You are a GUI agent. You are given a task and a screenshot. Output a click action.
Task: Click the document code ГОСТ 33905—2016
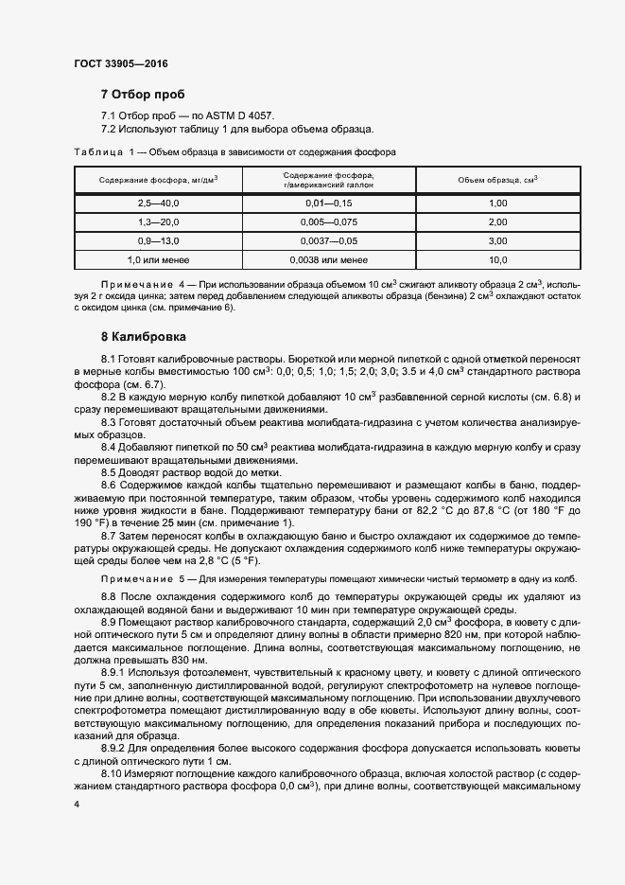[120, 63]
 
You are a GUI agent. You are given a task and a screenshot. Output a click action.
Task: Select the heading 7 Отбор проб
[143, 95]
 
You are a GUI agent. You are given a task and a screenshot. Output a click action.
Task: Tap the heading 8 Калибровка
[144, 336]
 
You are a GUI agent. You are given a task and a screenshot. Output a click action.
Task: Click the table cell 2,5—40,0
[158, 204]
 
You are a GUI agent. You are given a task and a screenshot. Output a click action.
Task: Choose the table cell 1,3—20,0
[158, 221]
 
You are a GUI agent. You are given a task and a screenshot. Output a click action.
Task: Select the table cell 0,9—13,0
[158, 240]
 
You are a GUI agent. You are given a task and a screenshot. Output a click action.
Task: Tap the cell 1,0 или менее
[158, 258]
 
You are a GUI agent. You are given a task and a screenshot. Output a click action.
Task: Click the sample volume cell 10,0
[498, 258]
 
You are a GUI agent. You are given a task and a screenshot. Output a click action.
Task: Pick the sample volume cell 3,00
[498, 240]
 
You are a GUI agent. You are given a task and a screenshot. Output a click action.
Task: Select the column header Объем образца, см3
[498, 180]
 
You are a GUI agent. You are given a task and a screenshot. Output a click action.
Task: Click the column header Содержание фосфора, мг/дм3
[158, 180]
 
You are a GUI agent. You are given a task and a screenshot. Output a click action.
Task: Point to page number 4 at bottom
[77, 804]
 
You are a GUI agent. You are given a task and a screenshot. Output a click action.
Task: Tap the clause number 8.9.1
[114, 669]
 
